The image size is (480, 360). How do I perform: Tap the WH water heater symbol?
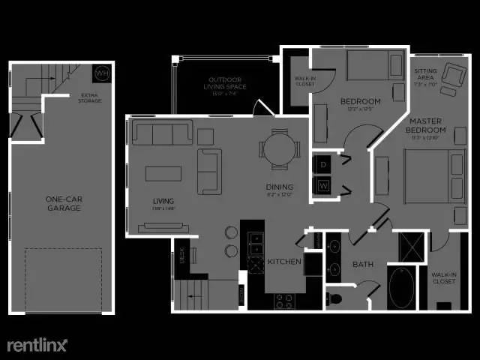coord(102,73)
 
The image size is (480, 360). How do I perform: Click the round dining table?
coord(279,147)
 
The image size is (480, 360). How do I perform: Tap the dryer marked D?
coord(323,163)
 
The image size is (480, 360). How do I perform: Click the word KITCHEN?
coord(284,262)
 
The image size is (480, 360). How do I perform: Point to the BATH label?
coord(363,265)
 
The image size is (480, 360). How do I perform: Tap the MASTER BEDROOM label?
coord(427,125)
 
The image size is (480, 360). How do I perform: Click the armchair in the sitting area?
coord(453,74)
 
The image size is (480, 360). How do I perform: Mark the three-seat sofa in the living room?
coord(162,134)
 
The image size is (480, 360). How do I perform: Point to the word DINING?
coord(278,187)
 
